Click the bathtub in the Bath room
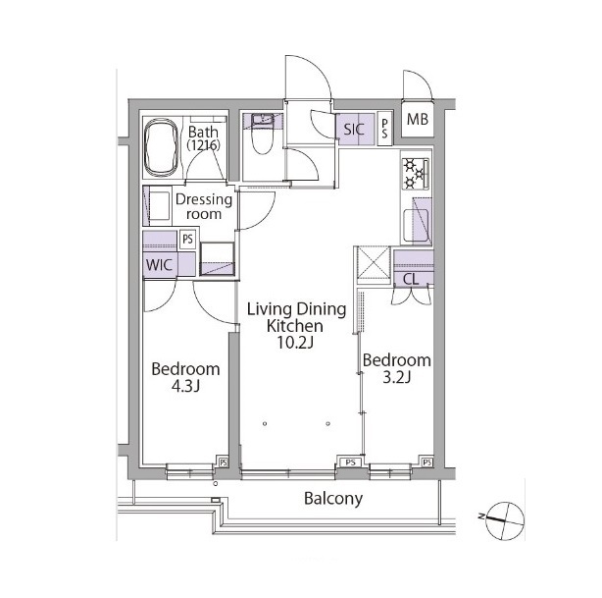click(x=161, y=147)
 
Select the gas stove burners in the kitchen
click(x=416, y=174)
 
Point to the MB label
click(x=418, y=120)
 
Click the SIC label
click(x=354, y=130)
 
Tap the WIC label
click(x=160, y=264)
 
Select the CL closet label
click(x=411, y=279)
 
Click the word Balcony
click(x=333, y=499)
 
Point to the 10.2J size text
click(x=295, y=343)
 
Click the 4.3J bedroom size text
click(x=185, y=386)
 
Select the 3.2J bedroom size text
click(x=397, y=377)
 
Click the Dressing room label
click(x=204, y=206)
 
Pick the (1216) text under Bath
click(x=204, y=145)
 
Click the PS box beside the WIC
click(x=187, y=240)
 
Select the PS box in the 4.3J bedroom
click(x=224, y=462)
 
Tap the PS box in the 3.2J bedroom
click(x=427, y=462)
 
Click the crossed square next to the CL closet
click(x=374, y=264)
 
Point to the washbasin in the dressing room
click(x=160, y=206)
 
